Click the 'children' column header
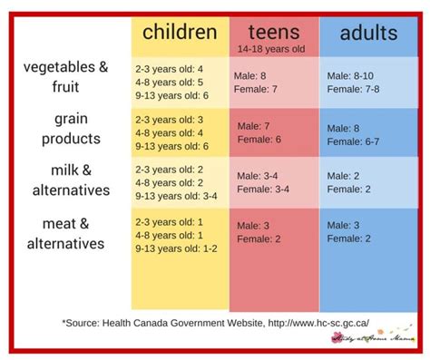(180, 34)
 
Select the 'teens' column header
(272, 33)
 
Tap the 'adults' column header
(368, 34)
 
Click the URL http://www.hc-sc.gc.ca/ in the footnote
(314, 322)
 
